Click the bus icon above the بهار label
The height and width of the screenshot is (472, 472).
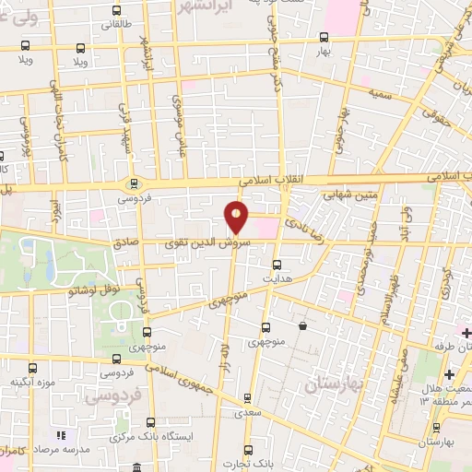(323, 38)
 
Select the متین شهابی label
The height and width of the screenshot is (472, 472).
(347, 195)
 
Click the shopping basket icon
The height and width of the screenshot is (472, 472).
(302, 325)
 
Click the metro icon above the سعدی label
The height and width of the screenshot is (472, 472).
(246, 398)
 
